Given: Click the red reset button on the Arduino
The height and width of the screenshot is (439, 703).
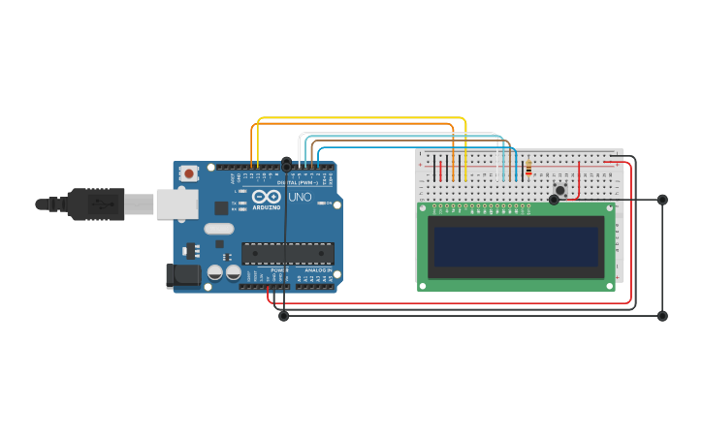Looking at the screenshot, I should pos(189,173).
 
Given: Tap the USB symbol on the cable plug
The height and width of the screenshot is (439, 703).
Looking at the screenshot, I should pos(101,204).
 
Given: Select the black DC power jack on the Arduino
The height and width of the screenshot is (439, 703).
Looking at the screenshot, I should pos(182,276).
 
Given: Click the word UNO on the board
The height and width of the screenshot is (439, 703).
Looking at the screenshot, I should pos(300,197).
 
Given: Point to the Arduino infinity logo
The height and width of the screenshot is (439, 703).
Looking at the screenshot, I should pos(266,197).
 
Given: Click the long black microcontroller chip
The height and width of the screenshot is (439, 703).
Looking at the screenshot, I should pos(288,254).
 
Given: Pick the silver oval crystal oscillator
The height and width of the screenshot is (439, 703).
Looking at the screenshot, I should pos(218,230).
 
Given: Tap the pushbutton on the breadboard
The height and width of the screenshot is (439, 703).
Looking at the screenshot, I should pos(559,189).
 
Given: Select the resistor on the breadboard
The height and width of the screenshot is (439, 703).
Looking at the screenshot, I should pos(528,170).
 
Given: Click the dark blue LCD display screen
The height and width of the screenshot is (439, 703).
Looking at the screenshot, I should pos(516,247).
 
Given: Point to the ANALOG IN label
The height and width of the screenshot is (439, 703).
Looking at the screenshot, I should pos(316,270).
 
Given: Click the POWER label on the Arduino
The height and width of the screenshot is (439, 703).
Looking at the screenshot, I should pos(279,270).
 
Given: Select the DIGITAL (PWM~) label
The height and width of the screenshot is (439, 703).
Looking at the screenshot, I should pos(295,182).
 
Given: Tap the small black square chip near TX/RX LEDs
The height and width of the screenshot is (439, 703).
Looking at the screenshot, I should pos(221,207).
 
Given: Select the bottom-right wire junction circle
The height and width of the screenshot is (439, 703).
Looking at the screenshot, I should pos(662,316).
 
